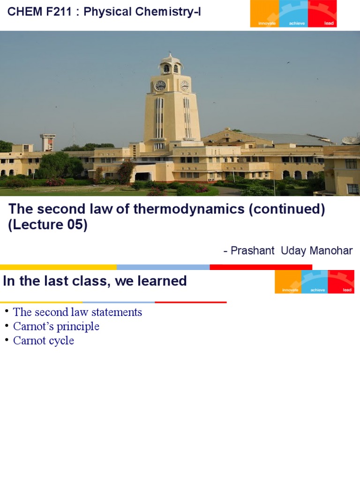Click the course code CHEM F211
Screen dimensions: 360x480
point(39,12)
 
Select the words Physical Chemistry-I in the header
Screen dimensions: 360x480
point(142,12)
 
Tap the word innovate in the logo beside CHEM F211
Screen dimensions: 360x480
point(267,23)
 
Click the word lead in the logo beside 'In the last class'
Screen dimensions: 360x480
point(347,290)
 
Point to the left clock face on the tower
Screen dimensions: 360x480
point(160,86)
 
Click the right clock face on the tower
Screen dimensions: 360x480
point(184,85)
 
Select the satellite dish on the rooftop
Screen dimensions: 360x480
point(351,140)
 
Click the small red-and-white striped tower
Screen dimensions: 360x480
point(48,142)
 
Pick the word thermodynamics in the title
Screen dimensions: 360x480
point(189,209)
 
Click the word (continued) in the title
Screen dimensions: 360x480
point(287,209)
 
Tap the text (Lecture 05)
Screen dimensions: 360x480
point(48,225)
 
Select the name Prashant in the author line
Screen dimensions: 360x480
point(253,250)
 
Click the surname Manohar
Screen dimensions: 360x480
point(331,250)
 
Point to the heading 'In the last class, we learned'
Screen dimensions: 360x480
point(95,281)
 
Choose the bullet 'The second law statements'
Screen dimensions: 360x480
point(77,312)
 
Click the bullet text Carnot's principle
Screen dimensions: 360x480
point(56,326)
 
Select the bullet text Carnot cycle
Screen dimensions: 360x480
point(44,340)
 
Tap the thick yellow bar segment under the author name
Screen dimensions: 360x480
point(58,267)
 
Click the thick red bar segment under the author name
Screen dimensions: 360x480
point(261,267)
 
